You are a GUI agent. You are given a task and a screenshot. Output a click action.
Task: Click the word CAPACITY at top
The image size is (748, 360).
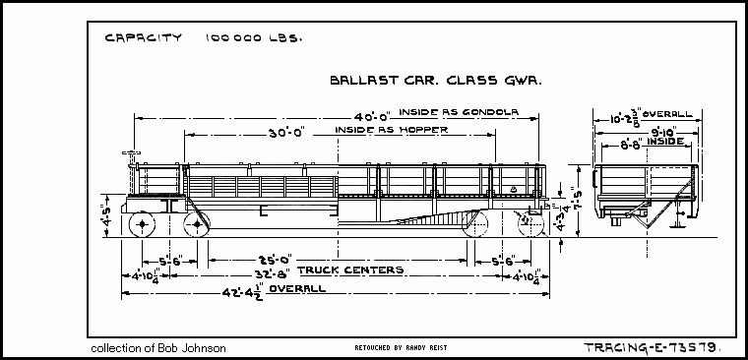pos(143,38)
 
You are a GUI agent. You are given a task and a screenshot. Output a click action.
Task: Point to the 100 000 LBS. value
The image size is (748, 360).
pos(253,38)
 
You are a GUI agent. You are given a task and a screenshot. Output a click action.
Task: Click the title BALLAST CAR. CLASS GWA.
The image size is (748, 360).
pos(439,84)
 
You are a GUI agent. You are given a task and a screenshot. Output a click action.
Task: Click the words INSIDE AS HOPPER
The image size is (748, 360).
pos(391,130)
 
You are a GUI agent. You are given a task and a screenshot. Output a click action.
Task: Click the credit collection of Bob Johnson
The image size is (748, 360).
pos(157,348)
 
